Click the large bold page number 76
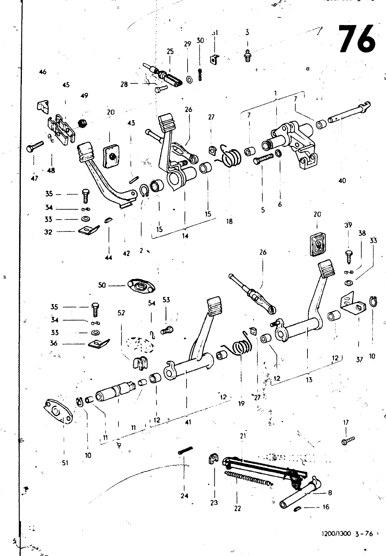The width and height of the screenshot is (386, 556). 357,38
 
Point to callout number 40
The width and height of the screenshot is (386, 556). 342,181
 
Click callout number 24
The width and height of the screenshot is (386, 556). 184,496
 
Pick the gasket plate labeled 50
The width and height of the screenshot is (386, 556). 141,286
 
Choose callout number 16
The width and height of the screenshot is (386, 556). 326,507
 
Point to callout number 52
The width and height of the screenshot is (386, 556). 121,313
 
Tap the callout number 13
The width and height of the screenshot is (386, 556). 309,380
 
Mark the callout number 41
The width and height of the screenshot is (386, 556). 188,422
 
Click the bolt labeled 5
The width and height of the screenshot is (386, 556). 264,160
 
